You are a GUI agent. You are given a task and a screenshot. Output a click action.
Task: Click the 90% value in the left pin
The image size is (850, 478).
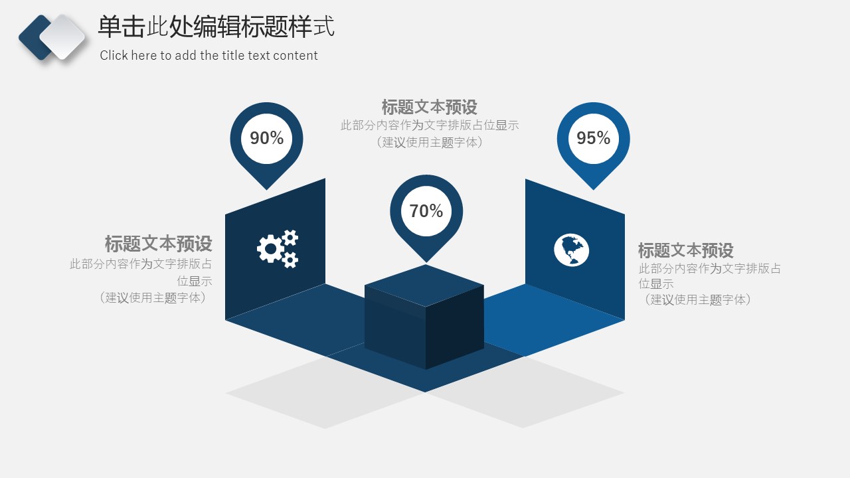(266, 138)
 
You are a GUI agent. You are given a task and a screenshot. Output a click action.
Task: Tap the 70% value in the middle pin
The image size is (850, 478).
(426, 211)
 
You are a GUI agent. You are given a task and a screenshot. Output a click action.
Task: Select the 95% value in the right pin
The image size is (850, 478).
(594, 138)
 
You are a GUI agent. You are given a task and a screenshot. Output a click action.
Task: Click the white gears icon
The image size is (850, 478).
(278, 249)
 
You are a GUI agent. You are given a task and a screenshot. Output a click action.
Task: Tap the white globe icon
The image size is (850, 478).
(571, 250)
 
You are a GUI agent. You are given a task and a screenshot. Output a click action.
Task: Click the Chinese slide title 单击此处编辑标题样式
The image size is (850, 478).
(216, 27)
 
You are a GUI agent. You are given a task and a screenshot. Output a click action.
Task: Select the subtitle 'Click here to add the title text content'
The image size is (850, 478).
(209, 55)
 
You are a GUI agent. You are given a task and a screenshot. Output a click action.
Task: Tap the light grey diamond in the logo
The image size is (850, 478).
(62, 37)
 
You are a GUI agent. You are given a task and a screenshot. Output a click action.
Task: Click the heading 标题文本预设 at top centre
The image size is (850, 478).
(429, 107)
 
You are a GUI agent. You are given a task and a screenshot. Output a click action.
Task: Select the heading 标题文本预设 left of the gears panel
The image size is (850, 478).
(158, 244)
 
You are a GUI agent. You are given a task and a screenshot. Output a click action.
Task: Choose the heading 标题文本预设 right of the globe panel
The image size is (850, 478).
(686, 250)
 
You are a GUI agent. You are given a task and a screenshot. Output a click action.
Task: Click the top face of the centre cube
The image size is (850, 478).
(424, 285)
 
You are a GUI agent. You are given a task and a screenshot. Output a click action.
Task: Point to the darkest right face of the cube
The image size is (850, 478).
(455, 327)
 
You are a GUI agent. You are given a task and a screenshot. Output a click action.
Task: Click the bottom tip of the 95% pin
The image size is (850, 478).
(594, 189)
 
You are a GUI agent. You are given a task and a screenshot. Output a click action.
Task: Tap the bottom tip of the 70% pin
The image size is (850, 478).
(426, 262)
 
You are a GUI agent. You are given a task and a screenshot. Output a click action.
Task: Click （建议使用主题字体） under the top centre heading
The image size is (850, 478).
(429, 142)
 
